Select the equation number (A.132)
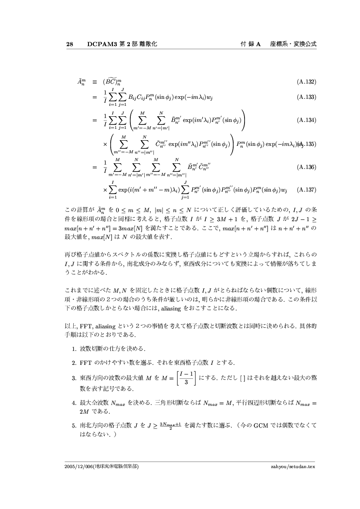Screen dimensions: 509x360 point(306,81)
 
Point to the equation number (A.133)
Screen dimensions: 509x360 point(306,97)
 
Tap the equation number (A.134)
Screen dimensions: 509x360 point(306,120)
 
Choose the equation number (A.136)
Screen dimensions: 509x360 point(306,167)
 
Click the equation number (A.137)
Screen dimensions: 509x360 point(306,190)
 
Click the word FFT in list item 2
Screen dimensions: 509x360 point(85,362)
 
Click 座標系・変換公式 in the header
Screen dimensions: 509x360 point(293,44)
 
